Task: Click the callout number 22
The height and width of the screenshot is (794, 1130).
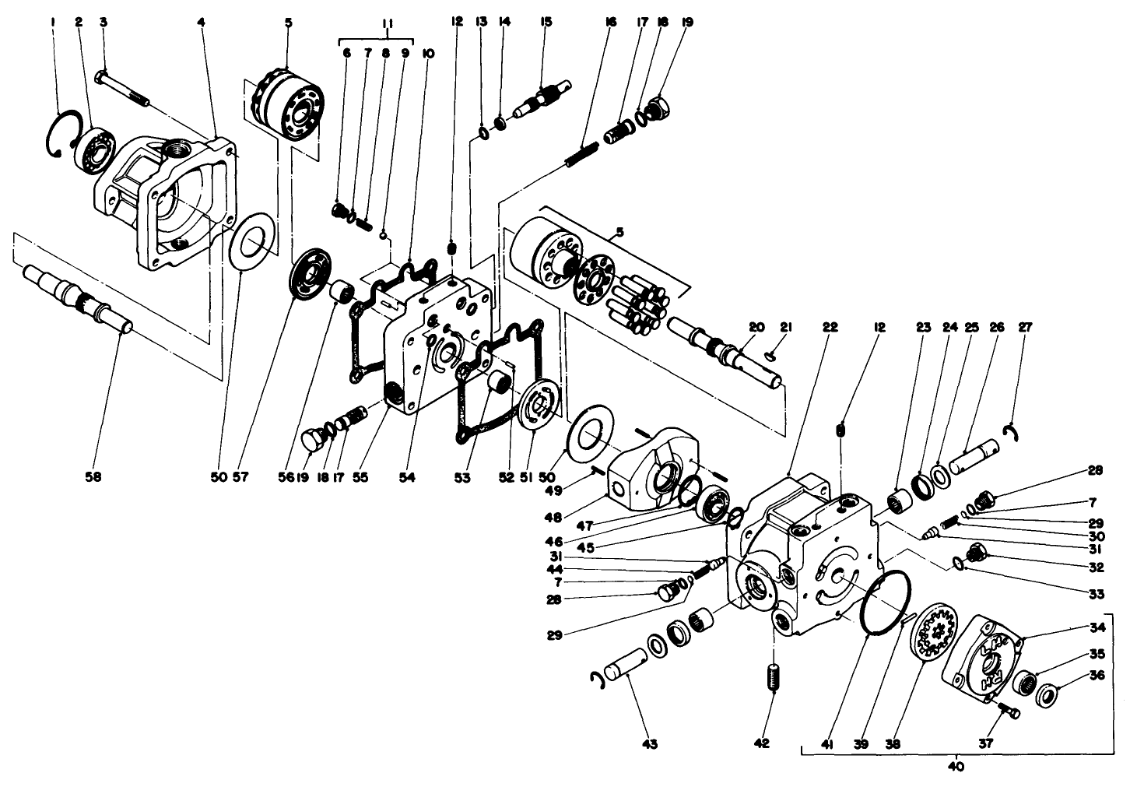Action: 830,328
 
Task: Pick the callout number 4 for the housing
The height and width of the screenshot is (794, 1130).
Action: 201,23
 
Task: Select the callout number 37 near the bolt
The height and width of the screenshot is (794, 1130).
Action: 985,743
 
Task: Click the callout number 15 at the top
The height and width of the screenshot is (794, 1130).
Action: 546,23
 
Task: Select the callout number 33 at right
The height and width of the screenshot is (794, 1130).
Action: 1096,595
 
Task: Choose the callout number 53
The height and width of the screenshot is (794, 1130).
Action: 463,477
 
